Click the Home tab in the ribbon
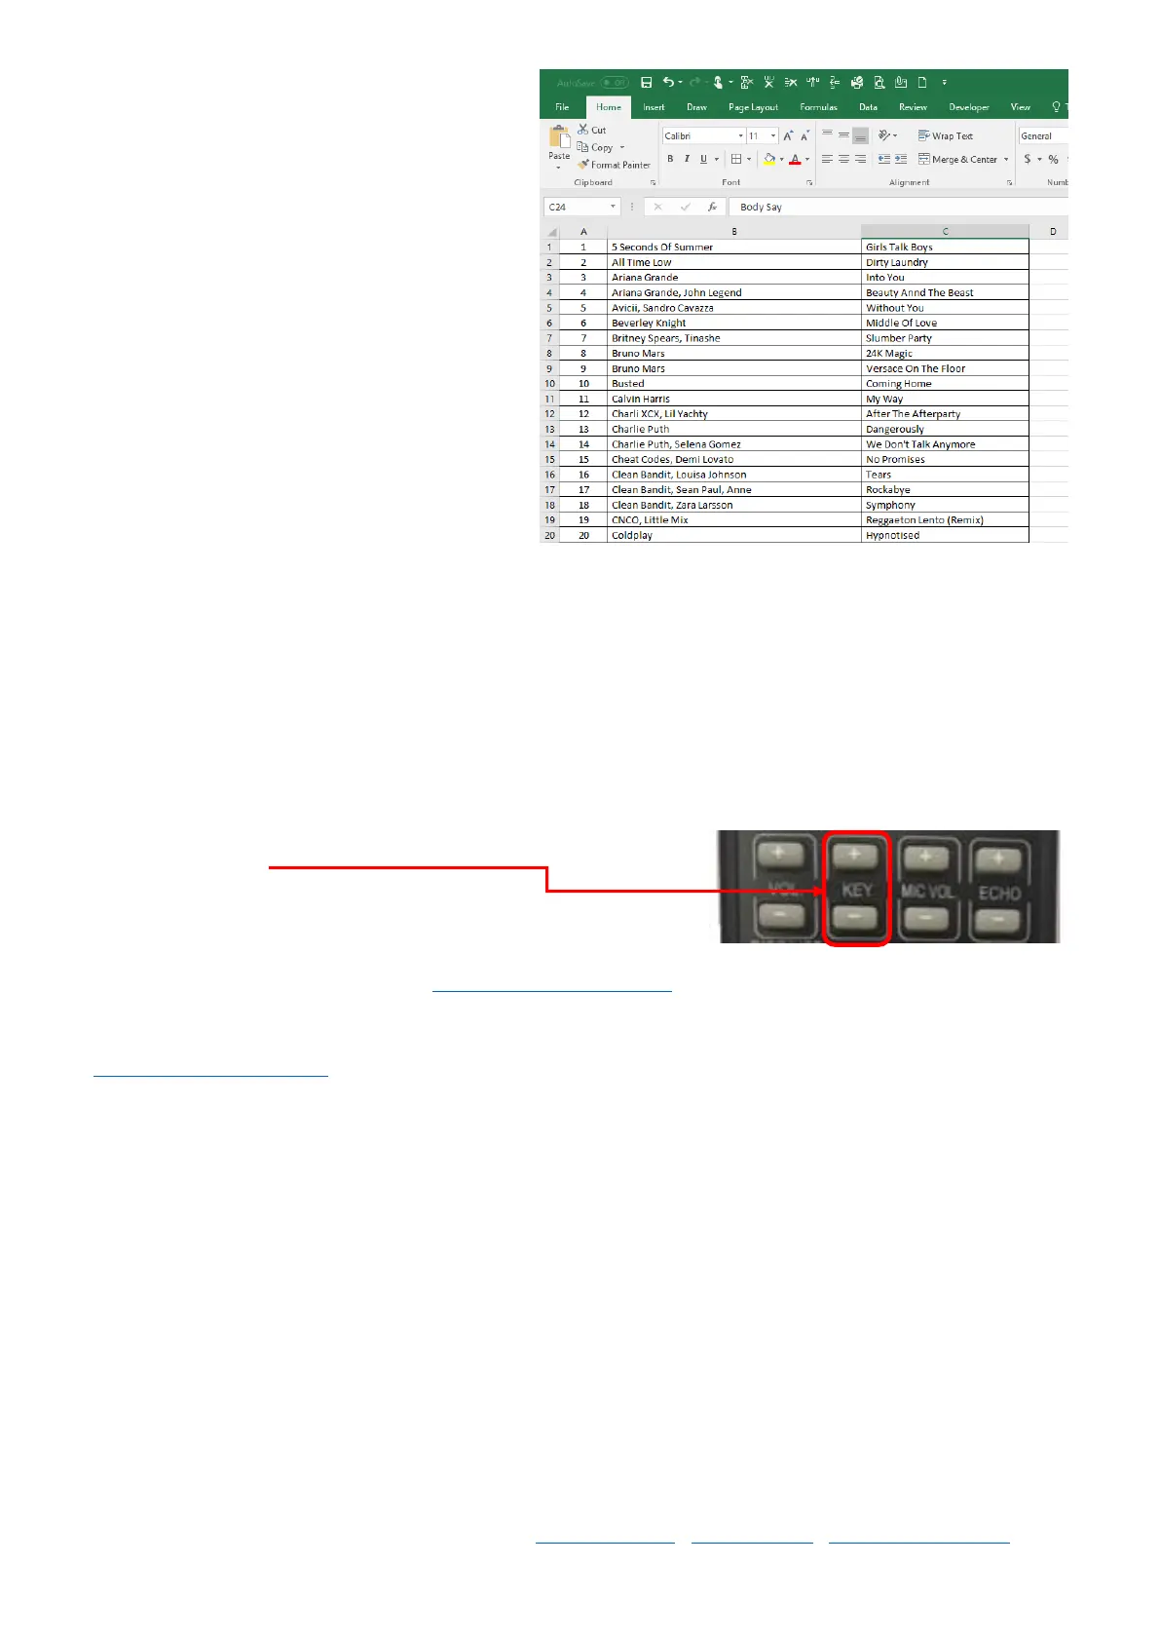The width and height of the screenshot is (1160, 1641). [x=609, y=107]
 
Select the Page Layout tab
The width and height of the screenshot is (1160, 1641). [x=753, y=107]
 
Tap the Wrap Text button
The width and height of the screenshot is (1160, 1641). [x=945, y=135]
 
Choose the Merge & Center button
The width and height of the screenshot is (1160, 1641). [x=963, y=159]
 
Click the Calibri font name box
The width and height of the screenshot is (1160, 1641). [x=699, y=135]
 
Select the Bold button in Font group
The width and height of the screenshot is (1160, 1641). [x=670, y=159]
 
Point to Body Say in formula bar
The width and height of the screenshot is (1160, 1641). [x=761, y=207]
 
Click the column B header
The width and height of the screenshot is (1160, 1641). [x=733, y=231]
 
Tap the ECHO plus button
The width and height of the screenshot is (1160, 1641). [x=998, y=859]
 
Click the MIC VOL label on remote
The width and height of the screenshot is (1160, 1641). [x=927, y=891]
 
